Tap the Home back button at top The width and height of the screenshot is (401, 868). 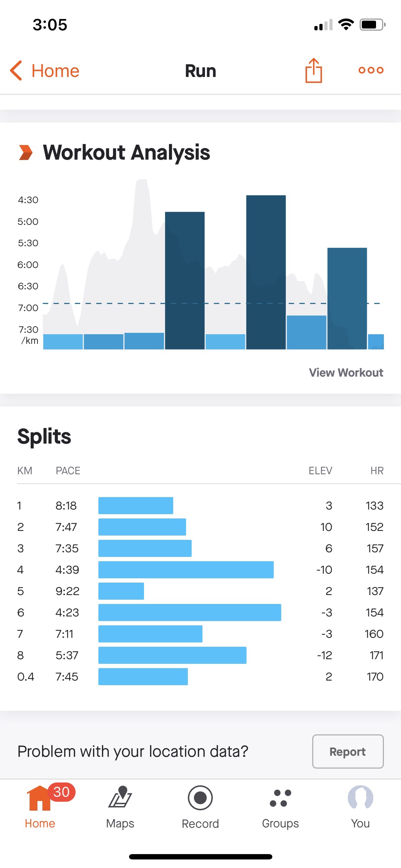[45, 71]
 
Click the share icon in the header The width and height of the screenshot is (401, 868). [314, 71]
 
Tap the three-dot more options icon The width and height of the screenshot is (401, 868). [371, 70]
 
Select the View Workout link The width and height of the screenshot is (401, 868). [346, 373]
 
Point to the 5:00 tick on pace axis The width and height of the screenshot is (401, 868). [28, 222]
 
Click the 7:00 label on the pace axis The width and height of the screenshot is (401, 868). [28, 308]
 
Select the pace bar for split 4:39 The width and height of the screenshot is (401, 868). [186, 570]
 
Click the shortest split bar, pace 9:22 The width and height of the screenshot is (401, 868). [121, 591]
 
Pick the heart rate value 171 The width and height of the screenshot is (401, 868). [376, 655]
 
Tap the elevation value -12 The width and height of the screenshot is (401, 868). [324, 655]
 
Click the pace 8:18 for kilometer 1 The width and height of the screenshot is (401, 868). [66, 506]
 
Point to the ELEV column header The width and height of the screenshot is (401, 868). [320, 471]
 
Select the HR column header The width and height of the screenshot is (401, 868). [377, 471]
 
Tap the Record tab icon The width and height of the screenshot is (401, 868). [200, 798]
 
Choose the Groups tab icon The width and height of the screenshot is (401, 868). [281, 798]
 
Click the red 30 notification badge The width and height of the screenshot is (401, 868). [61, 792]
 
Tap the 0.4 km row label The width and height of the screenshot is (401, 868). [26, 677]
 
